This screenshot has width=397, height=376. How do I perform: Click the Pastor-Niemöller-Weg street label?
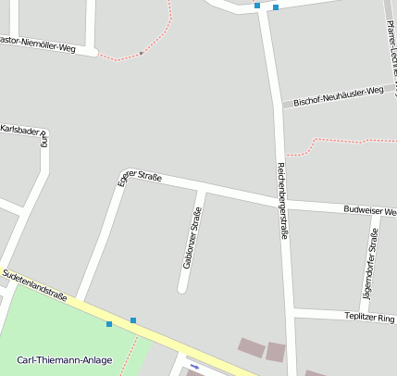38,44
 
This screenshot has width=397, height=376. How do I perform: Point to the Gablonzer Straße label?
192,238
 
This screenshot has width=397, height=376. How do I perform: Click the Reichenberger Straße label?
282,201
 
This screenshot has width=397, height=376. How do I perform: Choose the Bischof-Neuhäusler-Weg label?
338,95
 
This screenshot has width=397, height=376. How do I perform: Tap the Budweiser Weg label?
370,211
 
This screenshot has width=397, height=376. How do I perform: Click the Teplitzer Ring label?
370,318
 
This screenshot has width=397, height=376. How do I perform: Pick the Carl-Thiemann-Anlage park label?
65,359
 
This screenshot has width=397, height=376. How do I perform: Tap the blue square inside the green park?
109,324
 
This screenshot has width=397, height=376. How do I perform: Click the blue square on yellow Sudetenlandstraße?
133,320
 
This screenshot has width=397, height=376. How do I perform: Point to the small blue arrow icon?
194,366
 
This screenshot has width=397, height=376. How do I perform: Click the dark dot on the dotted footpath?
142,54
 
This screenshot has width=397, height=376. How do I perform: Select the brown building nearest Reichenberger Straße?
275,352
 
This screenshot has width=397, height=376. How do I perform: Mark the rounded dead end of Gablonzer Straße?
182,288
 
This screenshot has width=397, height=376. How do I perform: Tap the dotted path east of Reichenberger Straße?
342,142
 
